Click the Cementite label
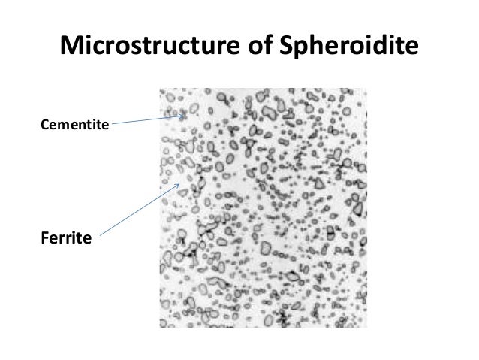[x=74, y=122]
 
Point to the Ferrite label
[x=65, y=239]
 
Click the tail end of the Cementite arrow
[x=113, y=122]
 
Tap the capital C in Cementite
[x=41, y=122]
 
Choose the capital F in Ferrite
[x=42, y=239]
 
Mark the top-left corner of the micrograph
[x=160, y=89]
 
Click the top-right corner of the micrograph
[x=367, y=89]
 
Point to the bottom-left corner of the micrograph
[x=160, y=328]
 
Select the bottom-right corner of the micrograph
[x=367, y=328]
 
